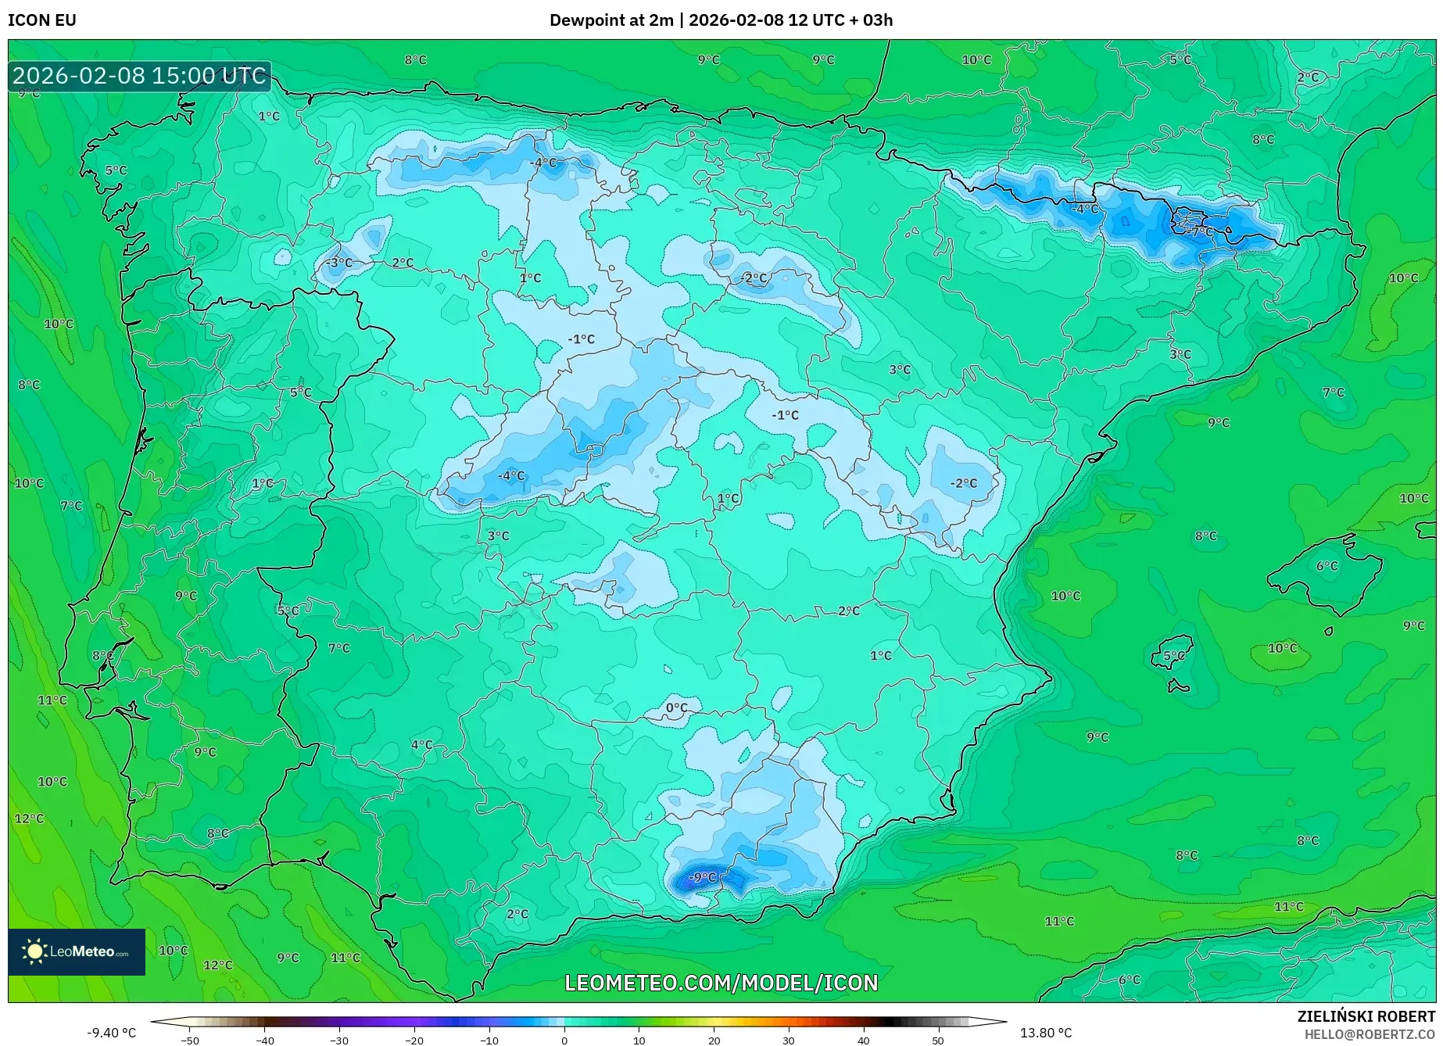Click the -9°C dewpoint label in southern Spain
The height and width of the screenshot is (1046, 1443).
coord(702,877)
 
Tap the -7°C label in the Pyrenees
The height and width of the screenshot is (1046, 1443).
coord(1201,231)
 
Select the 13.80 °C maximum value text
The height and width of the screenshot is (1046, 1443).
coord(1046,1033)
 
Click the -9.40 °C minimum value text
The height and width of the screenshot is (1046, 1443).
coord(111,1033)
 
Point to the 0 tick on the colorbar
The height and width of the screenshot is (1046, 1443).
coord(564,1040)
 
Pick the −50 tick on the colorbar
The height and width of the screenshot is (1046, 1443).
coord(189,1040)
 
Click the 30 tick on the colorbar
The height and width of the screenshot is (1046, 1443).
coord(788,1040)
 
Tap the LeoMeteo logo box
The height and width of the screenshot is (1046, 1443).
coord(77,951)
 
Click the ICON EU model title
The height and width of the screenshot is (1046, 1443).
coord(42,20)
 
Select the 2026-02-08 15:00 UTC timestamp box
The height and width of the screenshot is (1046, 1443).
coord(139,76)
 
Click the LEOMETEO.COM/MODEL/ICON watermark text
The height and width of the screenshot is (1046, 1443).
coord(721,983)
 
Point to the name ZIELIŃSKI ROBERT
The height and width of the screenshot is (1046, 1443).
coord(1366,1016)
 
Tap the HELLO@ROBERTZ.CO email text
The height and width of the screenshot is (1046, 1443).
coord(1369,1034)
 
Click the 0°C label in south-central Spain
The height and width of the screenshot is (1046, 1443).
coord(676,708)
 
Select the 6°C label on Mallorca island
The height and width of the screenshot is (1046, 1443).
coord(1327,566)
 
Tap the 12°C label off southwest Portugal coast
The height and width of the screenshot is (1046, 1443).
coord(29,819)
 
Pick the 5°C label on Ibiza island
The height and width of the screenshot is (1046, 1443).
coord(1173,656)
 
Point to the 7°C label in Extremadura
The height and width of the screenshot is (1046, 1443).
coord(338,648)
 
